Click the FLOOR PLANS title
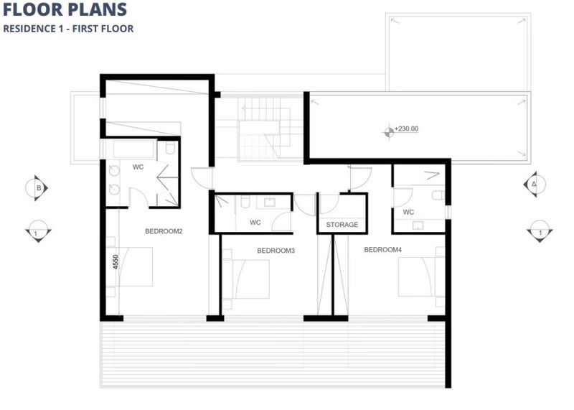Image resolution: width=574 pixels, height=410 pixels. click(65, 9)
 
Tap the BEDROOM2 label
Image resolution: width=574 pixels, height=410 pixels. click(164, 231)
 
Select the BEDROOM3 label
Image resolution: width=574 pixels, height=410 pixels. click(276, 251)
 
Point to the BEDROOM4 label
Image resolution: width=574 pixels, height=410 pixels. click(383, 249)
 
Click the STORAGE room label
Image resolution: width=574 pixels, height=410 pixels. click(342, 224)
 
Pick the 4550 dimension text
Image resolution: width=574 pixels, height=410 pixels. click(116, 262)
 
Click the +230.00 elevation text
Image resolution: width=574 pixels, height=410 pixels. click(406, 129)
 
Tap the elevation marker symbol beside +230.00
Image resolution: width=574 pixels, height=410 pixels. click(389, 132)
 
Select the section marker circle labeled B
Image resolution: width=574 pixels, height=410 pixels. click(36, 188)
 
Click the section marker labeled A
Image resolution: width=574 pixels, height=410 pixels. click(535, 185)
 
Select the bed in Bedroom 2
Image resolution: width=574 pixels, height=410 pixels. click(131, 266)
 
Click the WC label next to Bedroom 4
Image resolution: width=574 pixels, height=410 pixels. click(408, 212)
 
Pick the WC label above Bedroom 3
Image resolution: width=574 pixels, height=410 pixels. click(255, 223)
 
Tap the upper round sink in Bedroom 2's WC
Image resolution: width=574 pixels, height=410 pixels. click(114, 170)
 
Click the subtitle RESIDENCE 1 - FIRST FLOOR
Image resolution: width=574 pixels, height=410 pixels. click(68, 29)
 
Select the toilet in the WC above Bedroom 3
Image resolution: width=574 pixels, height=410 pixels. click(245, 201)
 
